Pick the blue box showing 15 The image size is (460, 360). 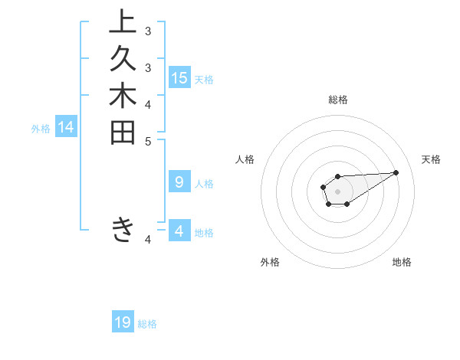[x=179, y=77]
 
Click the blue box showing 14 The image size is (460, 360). [x=66, y=128]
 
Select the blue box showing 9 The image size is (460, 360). [x=179, y=182]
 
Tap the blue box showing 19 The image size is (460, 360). [x=123, y=322]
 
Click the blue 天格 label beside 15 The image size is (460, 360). [x=204, y=79]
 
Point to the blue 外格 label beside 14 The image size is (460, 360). [x=41, y=129]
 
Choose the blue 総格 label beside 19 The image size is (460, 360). [x=147, y=324]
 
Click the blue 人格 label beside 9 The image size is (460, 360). [x=204, y=184]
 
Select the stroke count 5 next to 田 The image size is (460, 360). [x=148, y=141]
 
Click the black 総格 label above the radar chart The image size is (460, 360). [x=337, y=100]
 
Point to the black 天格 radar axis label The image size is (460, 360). [x=432, y=159]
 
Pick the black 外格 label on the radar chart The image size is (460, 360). [x=270, y=262]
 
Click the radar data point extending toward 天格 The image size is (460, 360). [x=396, y=172]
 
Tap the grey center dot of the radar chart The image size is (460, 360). [x=337, y=191]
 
